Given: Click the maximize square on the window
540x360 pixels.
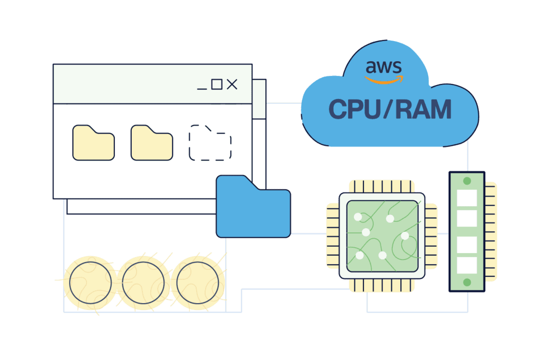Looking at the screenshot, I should [216, 84].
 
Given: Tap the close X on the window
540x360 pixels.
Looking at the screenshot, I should [232, 84].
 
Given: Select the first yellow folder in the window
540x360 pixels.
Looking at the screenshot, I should [93, 143].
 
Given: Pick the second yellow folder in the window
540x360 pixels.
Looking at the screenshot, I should [151, 143].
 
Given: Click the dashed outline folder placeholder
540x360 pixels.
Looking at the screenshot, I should [210, 143].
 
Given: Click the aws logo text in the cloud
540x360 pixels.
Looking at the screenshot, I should [384, 67].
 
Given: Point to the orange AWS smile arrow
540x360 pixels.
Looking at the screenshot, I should [384, 80].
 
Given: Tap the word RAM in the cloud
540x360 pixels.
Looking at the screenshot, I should [425, 109].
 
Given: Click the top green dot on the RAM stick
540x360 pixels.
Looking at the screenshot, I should [467, 181].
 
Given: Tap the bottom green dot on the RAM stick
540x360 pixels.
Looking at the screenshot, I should [467, 283].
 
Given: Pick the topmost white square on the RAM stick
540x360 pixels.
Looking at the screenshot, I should [467, 198].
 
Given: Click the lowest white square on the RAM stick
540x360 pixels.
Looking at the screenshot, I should [467, 265].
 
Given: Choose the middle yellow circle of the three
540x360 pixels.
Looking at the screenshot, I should [143, 283].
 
